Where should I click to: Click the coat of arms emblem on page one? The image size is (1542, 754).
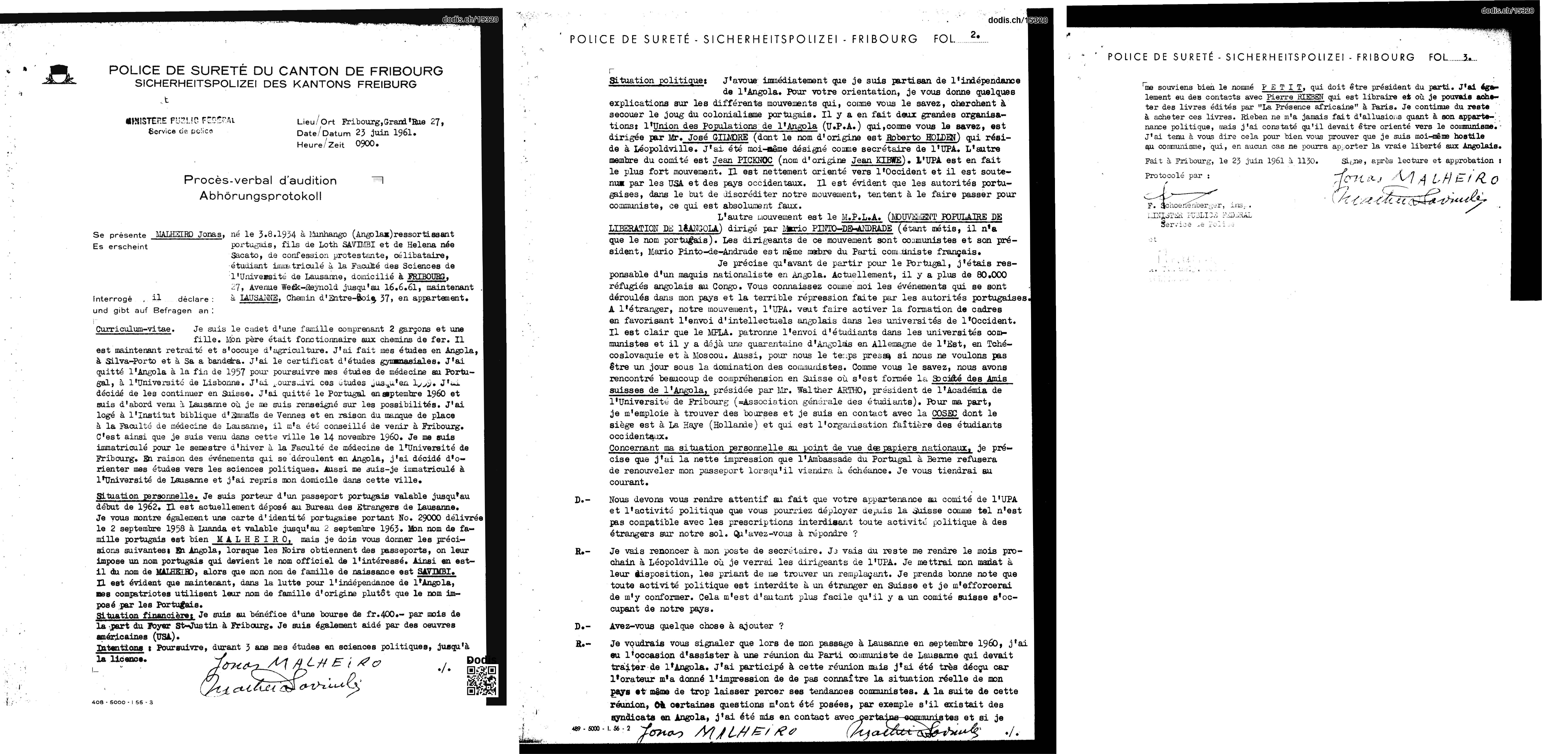click(x=58, y=74)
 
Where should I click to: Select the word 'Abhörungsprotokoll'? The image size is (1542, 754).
click(x=260, y=196)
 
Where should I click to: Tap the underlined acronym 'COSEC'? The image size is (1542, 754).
click(x=945, y=413)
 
